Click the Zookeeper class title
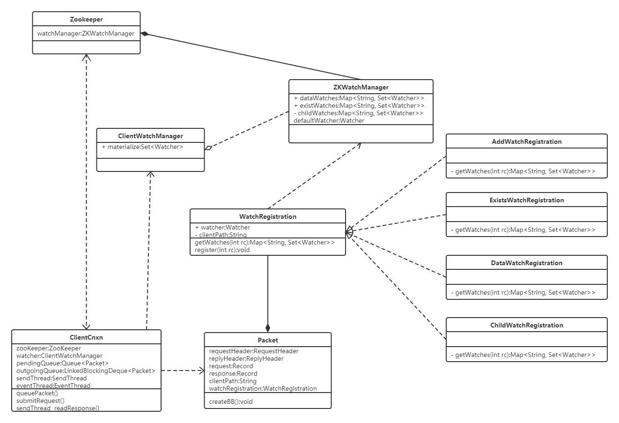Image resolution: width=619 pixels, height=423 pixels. [x=86, y=19]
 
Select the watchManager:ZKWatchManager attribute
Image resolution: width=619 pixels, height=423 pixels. [x=86, y=33]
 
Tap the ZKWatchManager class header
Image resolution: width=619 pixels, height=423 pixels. [x=361, y=87]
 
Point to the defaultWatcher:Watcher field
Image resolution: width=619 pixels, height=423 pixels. [x=329, y=120]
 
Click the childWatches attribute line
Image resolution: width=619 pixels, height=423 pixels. [x=358, y=113]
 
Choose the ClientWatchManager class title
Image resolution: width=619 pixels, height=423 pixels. [x=150, y=136]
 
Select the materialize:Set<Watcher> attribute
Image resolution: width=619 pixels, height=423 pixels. [x=142, y=147]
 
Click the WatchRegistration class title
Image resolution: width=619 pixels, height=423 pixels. [x=267, y=216]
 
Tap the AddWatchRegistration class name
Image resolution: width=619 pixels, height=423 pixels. [x=526, y=141]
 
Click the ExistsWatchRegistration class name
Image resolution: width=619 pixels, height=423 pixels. [x=526, y=200]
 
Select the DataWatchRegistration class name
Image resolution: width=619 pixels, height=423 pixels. [x=526, y=263]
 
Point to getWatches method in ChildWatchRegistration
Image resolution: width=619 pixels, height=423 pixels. [x=523, y=355]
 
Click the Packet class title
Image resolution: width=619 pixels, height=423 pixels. [x=267, y=340]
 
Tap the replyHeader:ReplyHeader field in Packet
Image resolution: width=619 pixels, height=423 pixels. [x=246, y=358]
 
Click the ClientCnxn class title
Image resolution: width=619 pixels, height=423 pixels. [x=86, y=337]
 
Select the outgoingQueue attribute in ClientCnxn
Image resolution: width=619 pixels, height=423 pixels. [x=86, y=371]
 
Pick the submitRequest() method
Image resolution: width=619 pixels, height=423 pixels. [x=40, y=401]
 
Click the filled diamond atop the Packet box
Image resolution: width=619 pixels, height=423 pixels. [x=267, y=327]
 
